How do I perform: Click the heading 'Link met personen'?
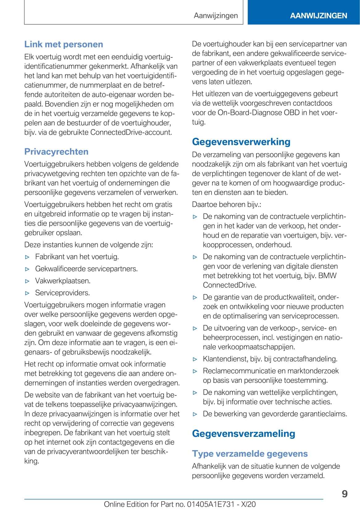pos(64,44)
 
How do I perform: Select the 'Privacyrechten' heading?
pos(56,152)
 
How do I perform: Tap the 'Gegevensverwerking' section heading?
pos(241,142)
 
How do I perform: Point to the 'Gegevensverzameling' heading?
pos(243,433)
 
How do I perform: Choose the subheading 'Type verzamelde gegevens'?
pos(250,454)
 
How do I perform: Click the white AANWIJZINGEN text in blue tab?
pos(318,16)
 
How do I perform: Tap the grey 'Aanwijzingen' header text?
pos(216,16)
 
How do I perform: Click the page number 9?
pos(345,494)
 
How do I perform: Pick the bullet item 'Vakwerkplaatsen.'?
pos(63,281)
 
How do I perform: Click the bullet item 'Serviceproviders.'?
pos(62,293)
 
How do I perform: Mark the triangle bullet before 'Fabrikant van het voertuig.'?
pos(27,257)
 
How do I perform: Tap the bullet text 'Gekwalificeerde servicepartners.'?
pos(86,269)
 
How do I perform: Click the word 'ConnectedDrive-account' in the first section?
pos(131,133)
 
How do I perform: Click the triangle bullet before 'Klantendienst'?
pos(195,359)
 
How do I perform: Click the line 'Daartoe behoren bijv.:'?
pos(226,205)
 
